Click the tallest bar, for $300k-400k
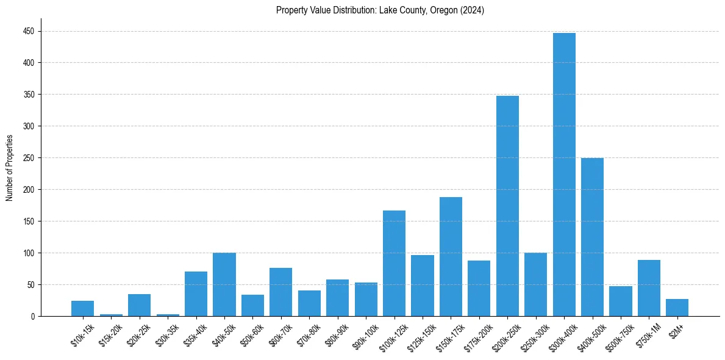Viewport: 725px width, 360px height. pos(564,175)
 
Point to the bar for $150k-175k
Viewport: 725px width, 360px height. pos(451,257)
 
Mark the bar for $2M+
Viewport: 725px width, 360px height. pos(677,308)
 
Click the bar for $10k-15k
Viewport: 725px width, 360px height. pos(82,308)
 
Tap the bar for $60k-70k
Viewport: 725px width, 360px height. pos(280,292)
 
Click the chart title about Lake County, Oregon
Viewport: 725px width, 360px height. pos(380,10)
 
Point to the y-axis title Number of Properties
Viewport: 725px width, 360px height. pos(9,168)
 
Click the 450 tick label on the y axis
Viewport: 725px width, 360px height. pos(29,31)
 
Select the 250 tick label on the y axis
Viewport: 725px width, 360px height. pos(29,158)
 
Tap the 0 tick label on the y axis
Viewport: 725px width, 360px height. pos(33,316)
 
